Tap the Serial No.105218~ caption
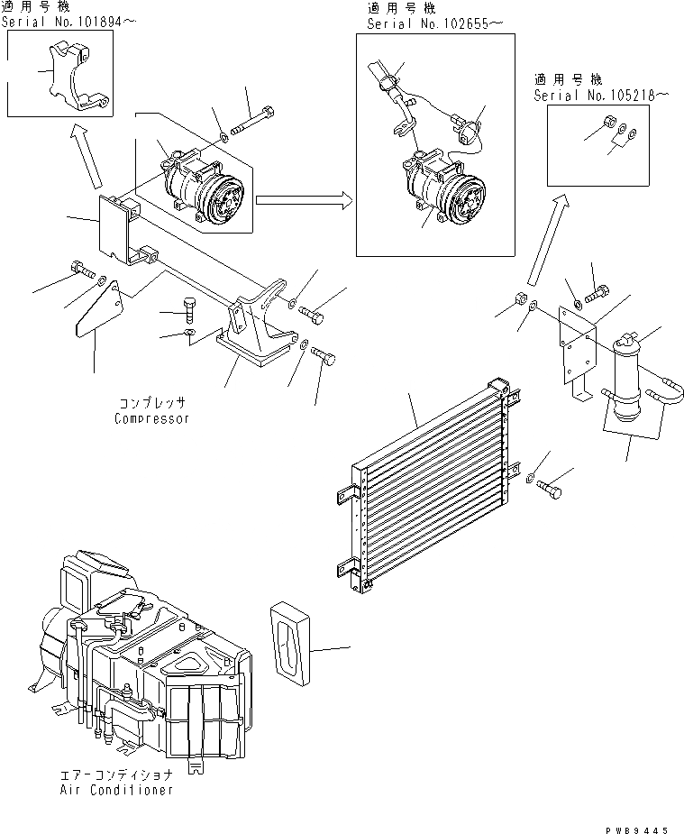coord(600,94)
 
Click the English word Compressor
coord(152,418)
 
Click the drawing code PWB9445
coord(637,821)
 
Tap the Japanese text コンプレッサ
coord(152,403)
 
